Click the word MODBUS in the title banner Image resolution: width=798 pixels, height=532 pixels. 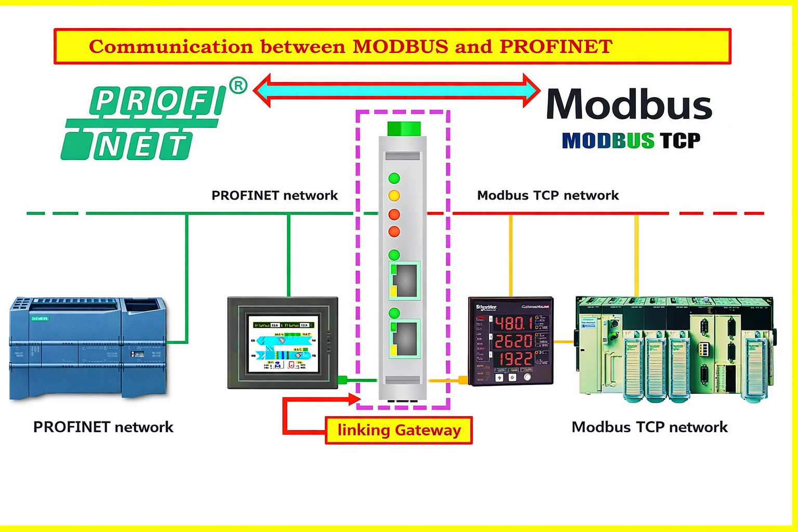tap(400, 47)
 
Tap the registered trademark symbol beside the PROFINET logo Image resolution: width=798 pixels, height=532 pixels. tap(238, 85)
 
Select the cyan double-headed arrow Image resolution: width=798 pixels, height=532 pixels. tap(397, 90)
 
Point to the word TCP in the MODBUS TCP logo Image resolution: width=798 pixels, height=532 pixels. tap(680, 141)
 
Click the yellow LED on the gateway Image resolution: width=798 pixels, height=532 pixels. tap(394, 196)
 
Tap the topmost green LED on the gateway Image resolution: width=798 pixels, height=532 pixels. tap(394, 178)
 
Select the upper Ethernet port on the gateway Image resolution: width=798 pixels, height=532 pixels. tap(405, 281)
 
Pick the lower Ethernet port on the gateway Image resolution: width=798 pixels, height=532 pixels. tap(405, 339)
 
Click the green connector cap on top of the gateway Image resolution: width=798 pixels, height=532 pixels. tap(404, 128)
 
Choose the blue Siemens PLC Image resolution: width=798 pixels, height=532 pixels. tap(88, 347)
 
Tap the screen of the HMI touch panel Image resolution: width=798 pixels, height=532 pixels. tap(283, 343)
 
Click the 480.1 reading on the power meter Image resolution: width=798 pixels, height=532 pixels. tap(513, 324)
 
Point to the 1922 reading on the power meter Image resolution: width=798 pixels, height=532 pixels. tap(513, 358)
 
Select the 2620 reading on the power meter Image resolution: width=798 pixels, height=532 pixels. tap(513, 341)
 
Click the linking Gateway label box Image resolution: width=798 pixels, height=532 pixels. tap(398, 430)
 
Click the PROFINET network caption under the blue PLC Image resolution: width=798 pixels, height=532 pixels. tap(103, 427)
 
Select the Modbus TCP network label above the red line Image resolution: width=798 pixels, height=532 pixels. tap(548, 195)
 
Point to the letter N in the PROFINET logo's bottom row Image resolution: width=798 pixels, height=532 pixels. tap(109, 147)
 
